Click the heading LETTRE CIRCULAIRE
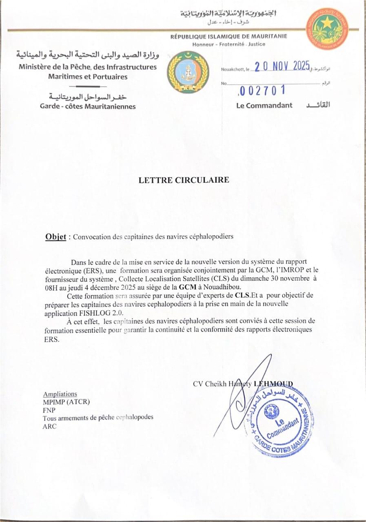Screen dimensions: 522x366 [x=184, y=180]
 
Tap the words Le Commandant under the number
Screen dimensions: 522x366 [x=264, y=105]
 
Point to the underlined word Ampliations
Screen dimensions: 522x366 [x=60, y=394]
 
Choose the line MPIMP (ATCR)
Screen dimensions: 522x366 [x=66, y=402]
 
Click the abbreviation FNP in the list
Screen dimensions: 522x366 [x=49, y=410]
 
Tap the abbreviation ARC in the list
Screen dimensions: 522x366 [x=50, y=427]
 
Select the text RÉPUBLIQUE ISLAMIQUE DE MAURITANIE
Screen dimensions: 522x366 [x=228, y=36]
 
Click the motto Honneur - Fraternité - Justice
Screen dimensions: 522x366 [x=228, y=44]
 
